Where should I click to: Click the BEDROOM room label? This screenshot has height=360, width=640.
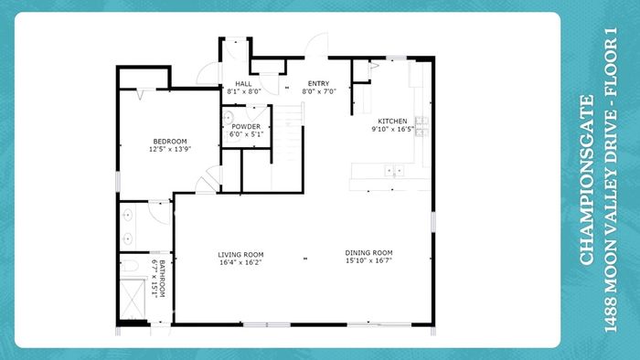tap(170, 142)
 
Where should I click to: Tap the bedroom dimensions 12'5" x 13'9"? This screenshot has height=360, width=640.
tap(170, 149)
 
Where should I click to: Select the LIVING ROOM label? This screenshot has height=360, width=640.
tap(240, 255)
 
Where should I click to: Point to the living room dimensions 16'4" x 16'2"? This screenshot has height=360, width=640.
tap(240, 262)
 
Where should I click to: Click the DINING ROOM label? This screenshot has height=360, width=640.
tap(368, 253)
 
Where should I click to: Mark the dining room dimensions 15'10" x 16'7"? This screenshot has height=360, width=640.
tap(368, 260)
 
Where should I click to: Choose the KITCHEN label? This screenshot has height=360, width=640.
tap(392, 122)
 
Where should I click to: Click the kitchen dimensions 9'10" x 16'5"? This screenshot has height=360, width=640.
tap(392, 129)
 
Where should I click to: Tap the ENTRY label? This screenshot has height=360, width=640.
tap(318, 83)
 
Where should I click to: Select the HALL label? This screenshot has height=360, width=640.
tap(243, 84)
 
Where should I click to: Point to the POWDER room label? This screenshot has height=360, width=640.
tap(246, 127)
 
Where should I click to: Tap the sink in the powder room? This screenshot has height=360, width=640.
tap(228, 118)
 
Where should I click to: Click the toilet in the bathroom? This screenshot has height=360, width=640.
tap(130, 266)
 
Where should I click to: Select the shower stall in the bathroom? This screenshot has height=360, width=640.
tap(133, 299)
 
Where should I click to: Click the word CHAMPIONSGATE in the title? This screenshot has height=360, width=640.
tap(586, 180)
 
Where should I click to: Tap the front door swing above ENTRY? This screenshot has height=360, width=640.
tap(316, 45)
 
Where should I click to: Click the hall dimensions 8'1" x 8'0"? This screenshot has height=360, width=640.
tap(244, 91)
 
